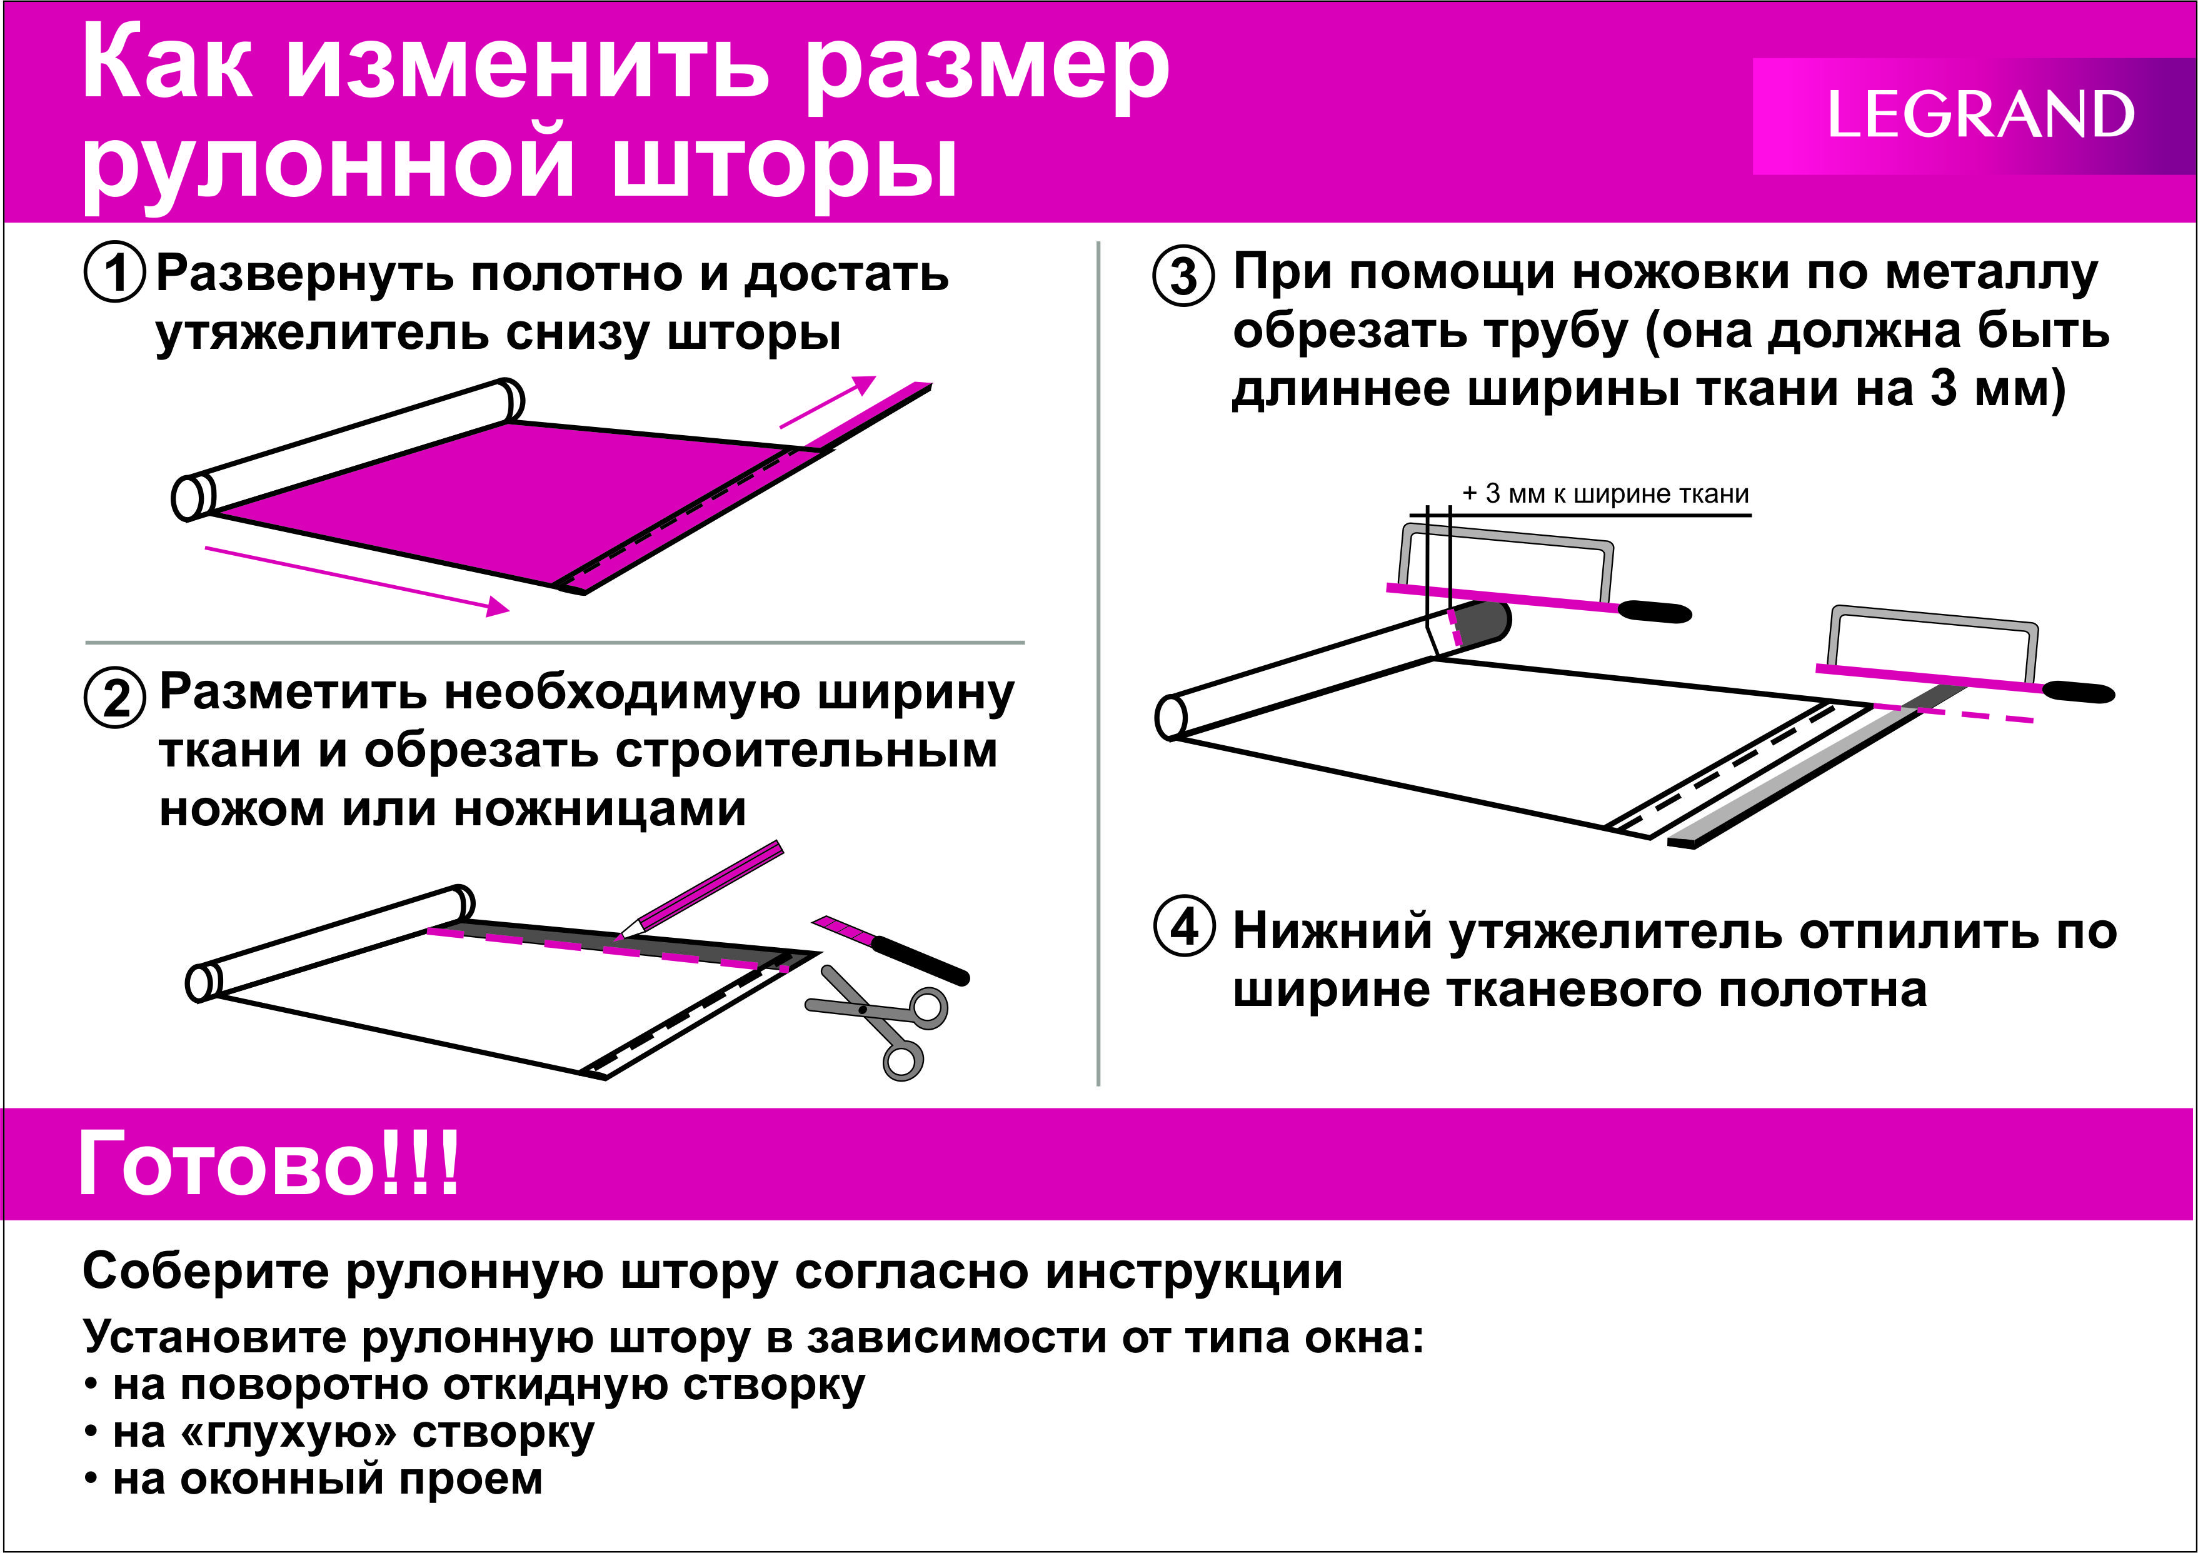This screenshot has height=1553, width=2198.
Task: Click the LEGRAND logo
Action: pos(1980,115)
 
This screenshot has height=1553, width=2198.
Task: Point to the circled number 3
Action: pos(1183,275)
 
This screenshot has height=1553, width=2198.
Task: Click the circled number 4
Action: pos(1184,926)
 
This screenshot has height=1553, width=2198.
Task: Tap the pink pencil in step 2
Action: pos(704,888)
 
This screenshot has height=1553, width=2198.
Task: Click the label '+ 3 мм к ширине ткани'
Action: pos(1605,493)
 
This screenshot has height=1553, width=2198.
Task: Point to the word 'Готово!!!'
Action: pos(269,1163)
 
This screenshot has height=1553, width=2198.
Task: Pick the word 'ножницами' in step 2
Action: pos(600,809)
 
